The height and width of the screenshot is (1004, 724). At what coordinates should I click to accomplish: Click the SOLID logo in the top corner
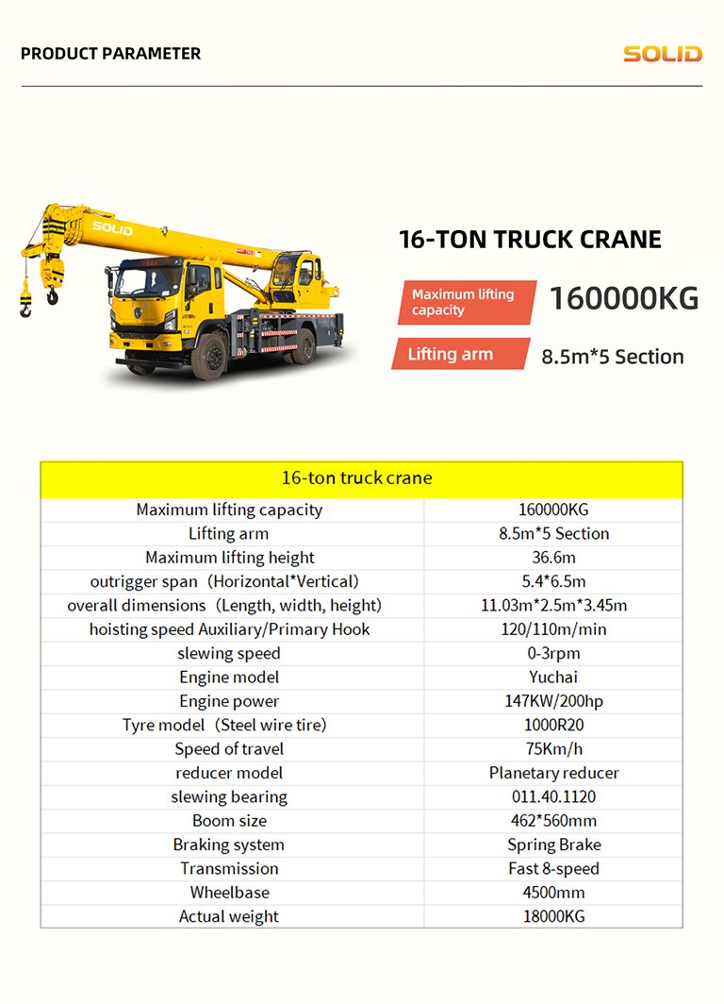coord(662,54)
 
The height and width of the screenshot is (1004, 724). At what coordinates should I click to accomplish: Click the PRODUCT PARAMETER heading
coord(110,54)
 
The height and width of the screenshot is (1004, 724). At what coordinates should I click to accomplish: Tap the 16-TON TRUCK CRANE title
coord(530,239)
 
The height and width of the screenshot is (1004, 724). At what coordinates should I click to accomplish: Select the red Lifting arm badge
coord(460,355)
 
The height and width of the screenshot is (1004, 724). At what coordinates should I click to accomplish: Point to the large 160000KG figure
coord(624,299)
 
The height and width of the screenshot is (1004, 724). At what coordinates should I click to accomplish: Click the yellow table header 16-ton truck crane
coord(361,478)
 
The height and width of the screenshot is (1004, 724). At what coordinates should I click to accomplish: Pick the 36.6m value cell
coord(553,558)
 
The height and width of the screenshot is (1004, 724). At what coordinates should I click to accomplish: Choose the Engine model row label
coord(229,677)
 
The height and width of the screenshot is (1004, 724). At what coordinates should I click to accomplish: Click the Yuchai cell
coord(553,677)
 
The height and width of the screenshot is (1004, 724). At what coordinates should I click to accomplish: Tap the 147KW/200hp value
coord(553,701)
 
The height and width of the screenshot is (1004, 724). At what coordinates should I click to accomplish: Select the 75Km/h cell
coord(553,749)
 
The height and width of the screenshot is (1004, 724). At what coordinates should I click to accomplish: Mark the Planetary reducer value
coord(553,773)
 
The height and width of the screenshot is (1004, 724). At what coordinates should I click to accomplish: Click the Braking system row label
coord(229,845)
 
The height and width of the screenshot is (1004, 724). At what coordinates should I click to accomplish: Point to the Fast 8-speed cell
coord(553,868)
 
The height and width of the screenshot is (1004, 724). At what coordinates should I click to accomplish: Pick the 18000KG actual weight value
coord(553,916)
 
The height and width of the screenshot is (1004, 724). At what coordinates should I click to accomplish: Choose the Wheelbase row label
coord(229,893)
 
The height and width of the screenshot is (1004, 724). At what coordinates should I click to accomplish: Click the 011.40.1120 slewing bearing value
coord(553,797)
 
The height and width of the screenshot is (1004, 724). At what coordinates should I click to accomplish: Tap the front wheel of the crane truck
coord(209,355)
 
